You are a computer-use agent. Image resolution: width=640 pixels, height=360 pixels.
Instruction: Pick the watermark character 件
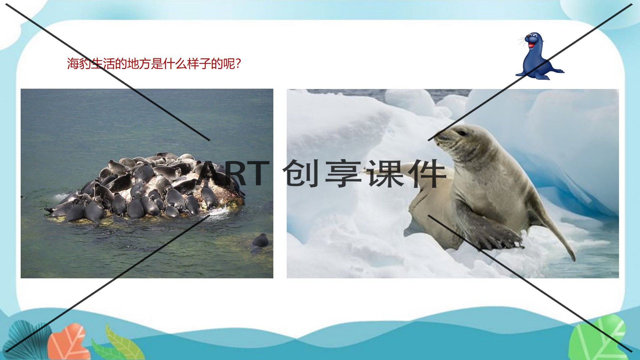pos(428,173)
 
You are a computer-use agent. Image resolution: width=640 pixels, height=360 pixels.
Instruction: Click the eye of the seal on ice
pos(462,133)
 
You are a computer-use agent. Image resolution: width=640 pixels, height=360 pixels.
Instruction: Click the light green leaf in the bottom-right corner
pos(597,338)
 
